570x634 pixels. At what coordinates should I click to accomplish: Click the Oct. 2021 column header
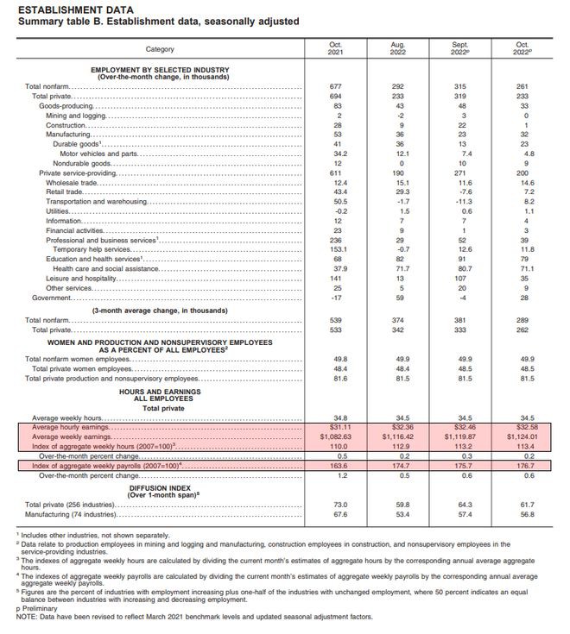coord(336,48)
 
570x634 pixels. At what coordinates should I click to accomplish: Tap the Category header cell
coord(161,49)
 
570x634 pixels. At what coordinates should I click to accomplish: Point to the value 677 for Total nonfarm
coord(336,87)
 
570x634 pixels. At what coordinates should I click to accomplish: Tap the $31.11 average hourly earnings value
coord(336,427)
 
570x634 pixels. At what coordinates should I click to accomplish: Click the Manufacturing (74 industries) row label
coord(70,514)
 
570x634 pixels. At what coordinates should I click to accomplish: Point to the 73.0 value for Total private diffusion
coord(336,505)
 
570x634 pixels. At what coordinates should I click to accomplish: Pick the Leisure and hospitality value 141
coord(336,278)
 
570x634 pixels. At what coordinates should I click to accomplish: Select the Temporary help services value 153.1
coord(336,249)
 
